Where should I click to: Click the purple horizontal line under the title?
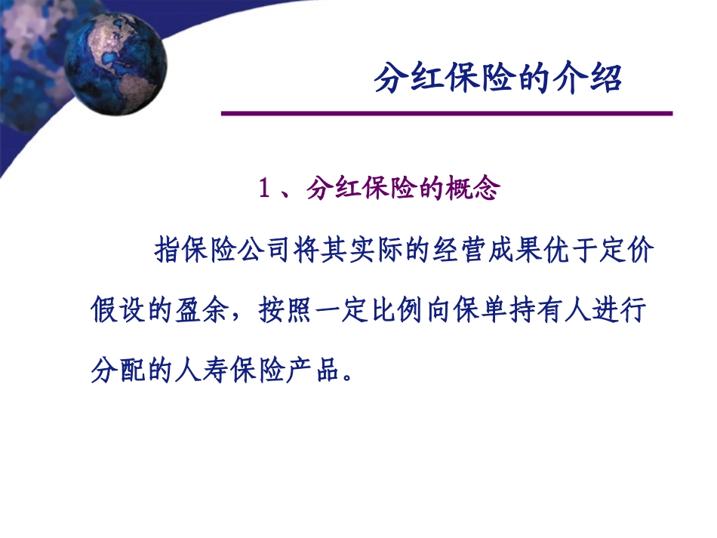click(x=445, y=114)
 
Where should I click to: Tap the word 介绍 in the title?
click(x=592, y=78)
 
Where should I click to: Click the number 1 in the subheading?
click(x=264, y=189)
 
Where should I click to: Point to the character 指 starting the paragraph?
click(x=167, y=250)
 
